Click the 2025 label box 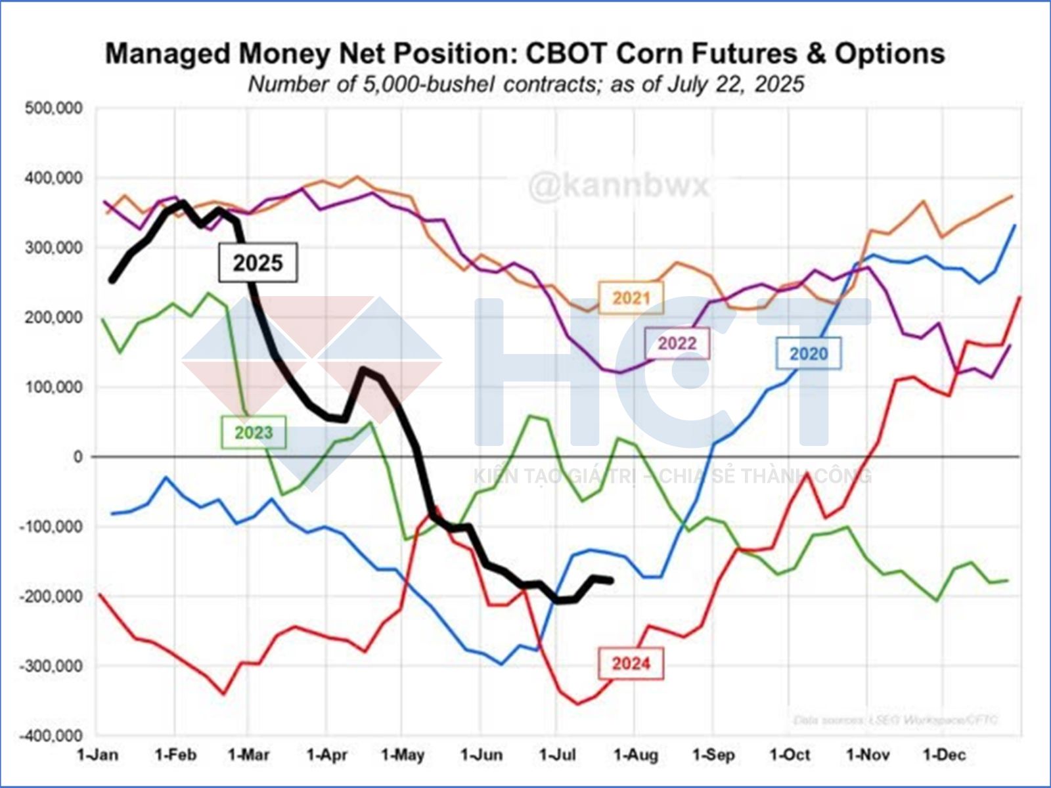click(x=258, y=263)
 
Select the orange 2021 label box click(x=631, y=298)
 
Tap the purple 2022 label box click(x=677, y=343)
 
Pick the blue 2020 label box click(x=809, y=354)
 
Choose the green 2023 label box click(x=254, y=433)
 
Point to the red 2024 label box click(x=631, y=663)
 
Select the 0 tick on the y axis click(x=78, y=457)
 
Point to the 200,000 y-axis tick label click(x=55, y=318)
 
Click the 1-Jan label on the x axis click(x=98, y=755)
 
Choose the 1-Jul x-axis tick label click(x=557, y=755)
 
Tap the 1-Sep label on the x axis click(x=713, y=755)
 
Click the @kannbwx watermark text click(x=619, y=185)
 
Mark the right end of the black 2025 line click(x=612, y=580)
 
